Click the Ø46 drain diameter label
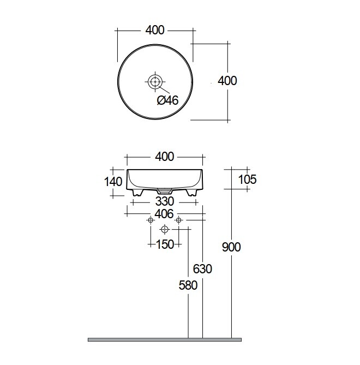point(167,100)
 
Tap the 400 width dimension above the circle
point(155,30)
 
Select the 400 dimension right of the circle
point(227,81)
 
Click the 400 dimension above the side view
point(165,157)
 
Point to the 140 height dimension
point(113,182)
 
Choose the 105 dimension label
point(248,179)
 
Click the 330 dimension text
point(165,201)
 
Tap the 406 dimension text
point(164,214)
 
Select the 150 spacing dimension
point(165,244)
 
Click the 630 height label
point(202,269)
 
